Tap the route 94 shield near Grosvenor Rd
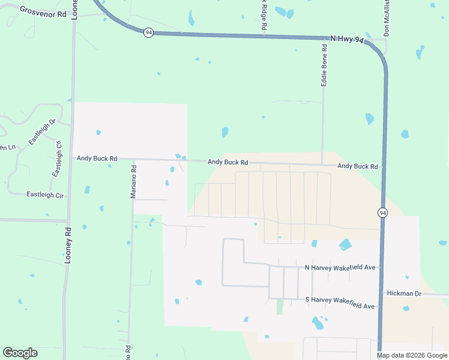[x=148, y=32]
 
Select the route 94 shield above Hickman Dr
[x=382, y=212]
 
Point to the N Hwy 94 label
[x=347, y=40]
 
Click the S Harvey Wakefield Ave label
[x=340, y=302]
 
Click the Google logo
[x=20, y=353]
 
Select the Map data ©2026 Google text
[x=411, y=355]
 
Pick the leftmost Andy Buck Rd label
[x=97, y=158]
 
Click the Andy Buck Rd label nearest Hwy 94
[x=358, y=166]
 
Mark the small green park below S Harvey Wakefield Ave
[x=279, y=307]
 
